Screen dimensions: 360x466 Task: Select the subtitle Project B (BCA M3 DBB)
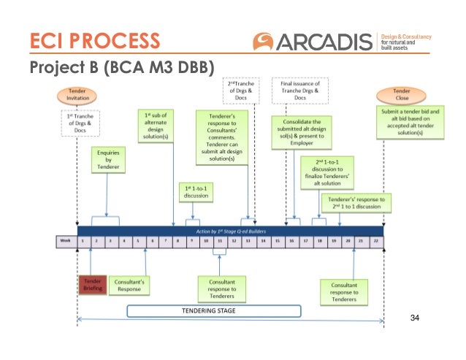(121, 69)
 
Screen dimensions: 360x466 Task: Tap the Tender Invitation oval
(77, 95)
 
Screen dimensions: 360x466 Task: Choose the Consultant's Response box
(129, 284)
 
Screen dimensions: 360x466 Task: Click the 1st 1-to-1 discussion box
(194, 191)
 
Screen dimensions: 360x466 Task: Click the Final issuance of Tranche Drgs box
(300, 91)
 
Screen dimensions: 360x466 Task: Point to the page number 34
(416, 317)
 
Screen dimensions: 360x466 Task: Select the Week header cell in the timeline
(67, 241)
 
